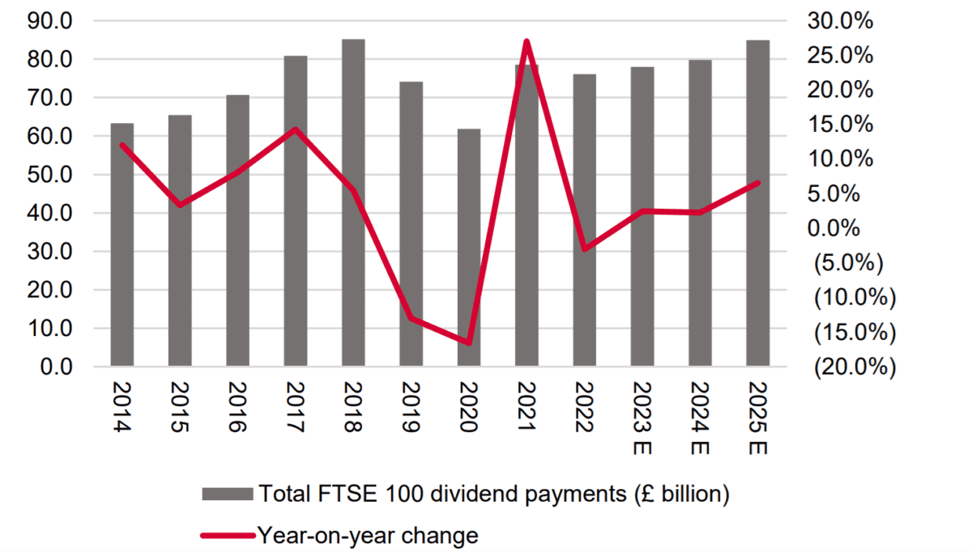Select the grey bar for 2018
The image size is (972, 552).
[x=353, y=202]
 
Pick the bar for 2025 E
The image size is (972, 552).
[x=758, y=202]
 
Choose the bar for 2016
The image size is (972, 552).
[x=237, y=231]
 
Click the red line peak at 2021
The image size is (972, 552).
[x=526, y=40]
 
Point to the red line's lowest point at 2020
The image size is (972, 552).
[x=469, y=343]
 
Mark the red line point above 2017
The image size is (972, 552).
[x=295, y=130]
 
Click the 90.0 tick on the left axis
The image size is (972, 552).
[x=51, y=22]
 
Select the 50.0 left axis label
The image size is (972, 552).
[x=51, y=176]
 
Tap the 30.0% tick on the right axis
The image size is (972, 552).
[x=841, y=22]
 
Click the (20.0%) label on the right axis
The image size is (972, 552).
[x=855, y=367]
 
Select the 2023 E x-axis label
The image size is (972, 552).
[x=643, y=418]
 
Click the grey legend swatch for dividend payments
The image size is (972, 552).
[x=228, y=494]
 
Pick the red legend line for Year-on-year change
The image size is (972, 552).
[x=228, y=535]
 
